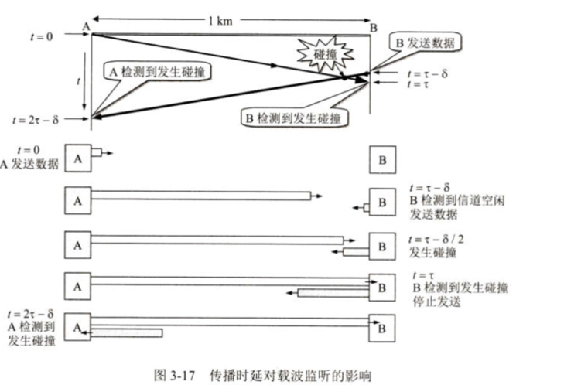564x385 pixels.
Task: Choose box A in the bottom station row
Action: (77, 327)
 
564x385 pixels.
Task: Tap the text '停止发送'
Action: (437, 302)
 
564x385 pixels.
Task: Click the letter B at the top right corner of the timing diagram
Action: (374, 28)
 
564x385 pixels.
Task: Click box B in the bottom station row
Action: (382, 328)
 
